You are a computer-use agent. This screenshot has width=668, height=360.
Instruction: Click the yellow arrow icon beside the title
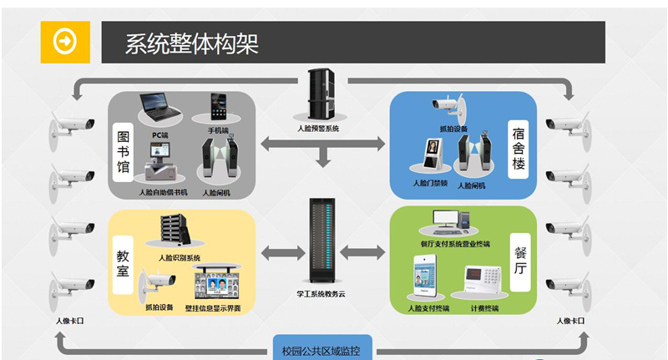click(x=64, y=42)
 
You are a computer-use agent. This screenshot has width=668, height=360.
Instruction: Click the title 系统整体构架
click(x=191, y=43)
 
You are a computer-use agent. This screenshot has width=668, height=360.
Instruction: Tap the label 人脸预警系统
click(x=318, y=129)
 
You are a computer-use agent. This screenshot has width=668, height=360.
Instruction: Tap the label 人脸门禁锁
click(x=430, y=182)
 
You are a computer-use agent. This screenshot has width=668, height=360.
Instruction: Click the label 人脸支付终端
click(x=428, y=307)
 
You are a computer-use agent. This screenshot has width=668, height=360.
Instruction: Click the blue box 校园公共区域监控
click(x=321, y=350)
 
